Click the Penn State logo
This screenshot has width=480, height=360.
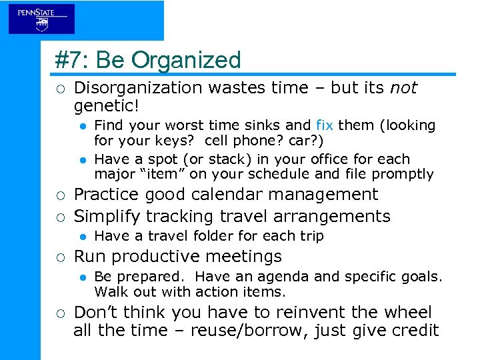click(x=41, y=18)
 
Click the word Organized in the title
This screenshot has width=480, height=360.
click(x=186, y=61)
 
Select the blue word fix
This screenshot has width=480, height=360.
click(x=324, y=125)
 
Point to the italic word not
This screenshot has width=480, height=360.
click(x=403, y=88)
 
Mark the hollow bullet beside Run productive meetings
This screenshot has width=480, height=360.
click(x=60, y=257)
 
